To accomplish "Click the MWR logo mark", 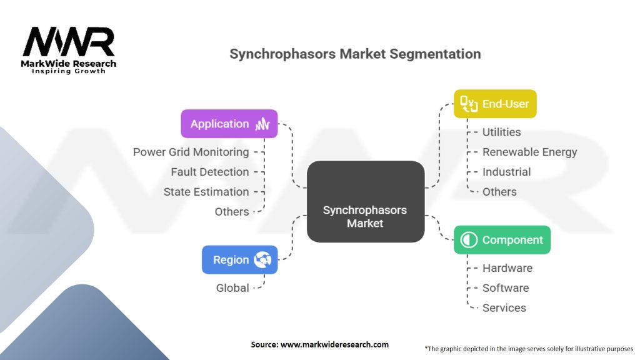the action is (x=69, y=42).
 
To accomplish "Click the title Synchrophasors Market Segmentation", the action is (x=355, y=54).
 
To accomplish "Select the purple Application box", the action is (x=229, y=124).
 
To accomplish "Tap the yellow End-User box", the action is (x=495, y=104).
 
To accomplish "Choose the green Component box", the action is (x=502, y=239).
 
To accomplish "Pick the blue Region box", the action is (x=239, y=259).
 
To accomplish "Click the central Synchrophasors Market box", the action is (x=366, y=202).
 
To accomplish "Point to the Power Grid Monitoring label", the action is (x=191, y=152).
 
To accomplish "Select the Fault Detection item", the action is (x=210, y=172).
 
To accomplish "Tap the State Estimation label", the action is (x=206, y=192).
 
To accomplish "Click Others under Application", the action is (x=232, y=211).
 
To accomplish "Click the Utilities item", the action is (x=502, y=132).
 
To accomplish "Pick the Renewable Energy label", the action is (x=530, y=152).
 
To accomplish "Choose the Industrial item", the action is (x=506, y=172).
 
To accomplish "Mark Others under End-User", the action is (x=499, y=192).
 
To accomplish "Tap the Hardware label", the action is (x=507, y=267).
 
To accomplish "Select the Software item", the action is (x=506, y=287).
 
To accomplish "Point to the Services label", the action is (x=504, y=307).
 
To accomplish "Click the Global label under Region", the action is (x=232, y=287).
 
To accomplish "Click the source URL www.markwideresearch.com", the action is (x=335, y=344).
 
